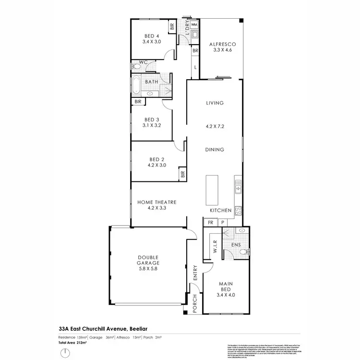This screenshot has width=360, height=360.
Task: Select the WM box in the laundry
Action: pyautogui.click(x=194, y=24)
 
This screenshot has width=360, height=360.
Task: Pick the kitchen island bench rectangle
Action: pyautogui.click(x=212, y=190)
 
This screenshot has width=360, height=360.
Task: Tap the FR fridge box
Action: pyautogui.click(x=210, y=223)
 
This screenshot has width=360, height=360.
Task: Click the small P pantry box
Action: pyautogui.click(x=222, y=223)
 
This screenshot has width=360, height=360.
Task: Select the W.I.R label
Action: pyautogui.click(x=215, y=246)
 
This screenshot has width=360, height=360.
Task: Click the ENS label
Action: pyautogui.click(x=236, y=245)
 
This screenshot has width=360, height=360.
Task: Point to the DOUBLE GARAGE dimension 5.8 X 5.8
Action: pyautogui.click(x=147, y=268)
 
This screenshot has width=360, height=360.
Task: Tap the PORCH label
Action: pyautogui.click(x=195, y=304)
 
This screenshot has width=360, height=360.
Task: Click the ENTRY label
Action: pyautogui.click(x=195, y=272)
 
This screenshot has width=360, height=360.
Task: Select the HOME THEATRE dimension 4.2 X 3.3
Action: pyautogui.click(x=157, y=209)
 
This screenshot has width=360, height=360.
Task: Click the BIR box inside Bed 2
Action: pyautogui.click(x=183, y=174)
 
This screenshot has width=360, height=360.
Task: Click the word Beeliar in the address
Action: pyautogui.click(x=142, y=329)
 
